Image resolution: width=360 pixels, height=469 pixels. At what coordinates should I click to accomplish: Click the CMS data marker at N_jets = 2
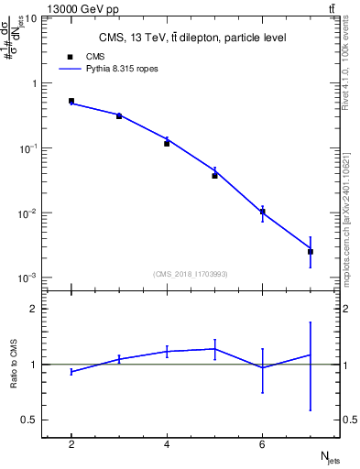click(71, 101)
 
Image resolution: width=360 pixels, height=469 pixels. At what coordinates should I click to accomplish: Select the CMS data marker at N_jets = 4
click(167, 143)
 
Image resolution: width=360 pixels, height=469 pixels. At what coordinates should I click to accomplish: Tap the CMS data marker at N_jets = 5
click(214, 175)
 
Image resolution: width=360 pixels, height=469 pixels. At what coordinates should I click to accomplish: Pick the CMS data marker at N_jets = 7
click(311, 251)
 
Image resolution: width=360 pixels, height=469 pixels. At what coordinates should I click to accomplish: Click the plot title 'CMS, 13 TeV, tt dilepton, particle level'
click(191, 38)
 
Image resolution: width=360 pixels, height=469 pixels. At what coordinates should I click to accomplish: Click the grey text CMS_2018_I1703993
click(191, 274)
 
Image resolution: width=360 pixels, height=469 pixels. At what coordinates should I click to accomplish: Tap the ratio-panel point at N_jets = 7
click(311, 354)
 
